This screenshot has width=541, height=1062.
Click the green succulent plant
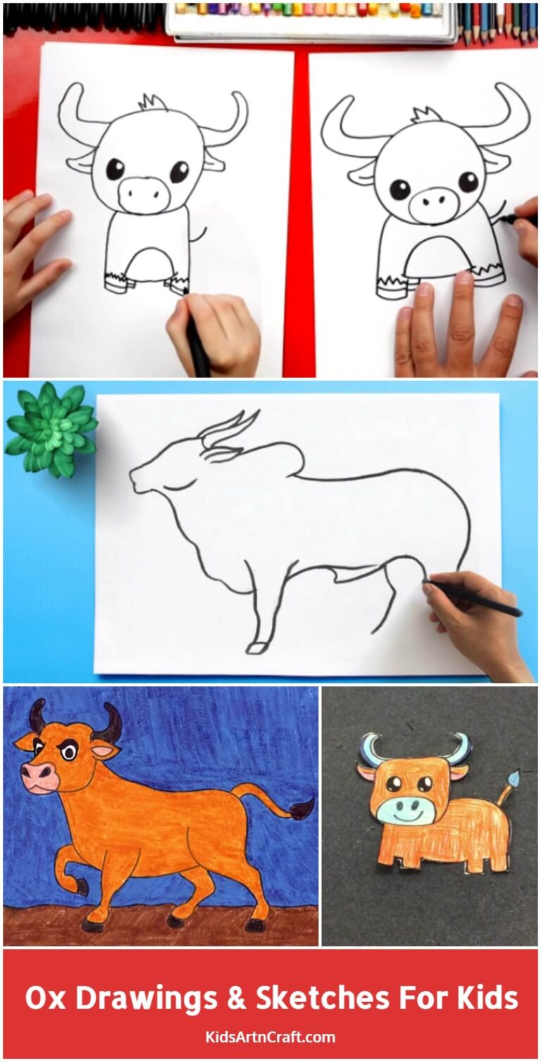(51, 427)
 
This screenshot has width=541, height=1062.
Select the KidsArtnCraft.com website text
(270, 1037)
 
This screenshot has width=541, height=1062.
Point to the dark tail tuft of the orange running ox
(304, 809)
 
